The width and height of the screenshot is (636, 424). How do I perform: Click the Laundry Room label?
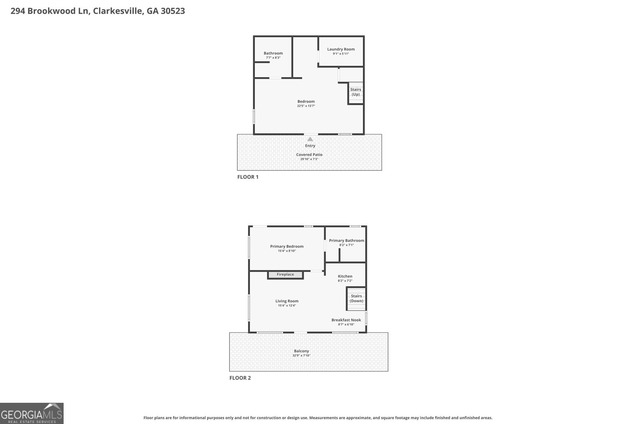341,49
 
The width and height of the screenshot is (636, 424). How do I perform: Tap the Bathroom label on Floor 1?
273,53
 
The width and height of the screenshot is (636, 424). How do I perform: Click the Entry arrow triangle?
310,139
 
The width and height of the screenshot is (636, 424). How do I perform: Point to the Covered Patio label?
309,155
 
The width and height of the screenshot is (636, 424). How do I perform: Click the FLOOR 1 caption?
248,177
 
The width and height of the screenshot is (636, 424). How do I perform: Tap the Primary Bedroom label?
287,246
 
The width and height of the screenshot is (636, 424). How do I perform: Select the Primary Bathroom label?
346,240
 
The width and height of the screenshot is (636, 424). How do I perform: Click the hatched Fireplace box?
285,275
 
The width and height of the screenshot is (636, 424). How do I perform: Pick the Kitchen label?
345,276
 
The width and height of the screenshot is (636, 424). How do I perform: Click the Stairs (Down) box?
356,298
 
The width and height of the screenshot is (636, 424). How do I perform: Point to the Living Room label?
287,301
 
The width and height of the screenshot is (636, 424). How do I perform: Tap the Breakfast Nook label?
346,320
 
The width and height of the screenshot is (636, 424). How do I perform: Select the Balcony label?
301,351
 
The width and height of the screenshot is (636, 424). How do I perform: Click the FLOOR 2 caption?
240,378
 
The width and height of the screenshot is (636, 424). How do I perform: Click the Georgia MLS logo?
32,413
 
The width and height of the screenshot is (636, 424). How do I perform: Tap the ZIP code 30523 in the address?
173,11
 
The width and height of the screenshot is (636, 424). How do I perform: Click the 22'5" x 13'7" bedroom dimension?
306,106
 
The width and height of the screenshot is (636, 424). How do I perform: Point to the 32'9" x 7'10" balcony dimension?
301,356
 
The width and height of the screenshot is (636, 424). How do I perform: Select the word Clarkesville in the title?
118,11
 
